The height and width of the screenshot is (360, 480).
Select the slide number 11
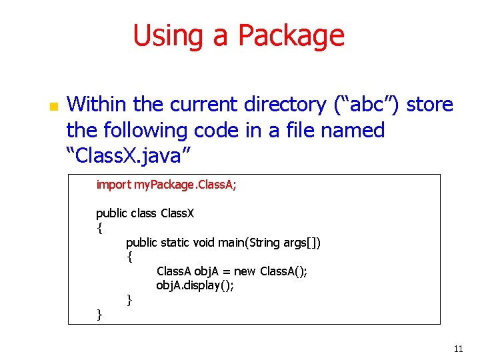[x=457, y=349]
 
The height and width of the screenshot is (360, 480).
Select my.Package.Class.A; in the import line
[x=185, y=185]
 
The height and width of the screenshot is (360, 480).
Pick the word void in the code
[x=204, y=243]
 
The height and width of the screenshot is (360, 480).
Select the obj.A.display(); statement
[x=195, y=286]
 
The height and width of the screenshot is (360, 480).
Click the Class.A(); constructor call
[x=283, y=271]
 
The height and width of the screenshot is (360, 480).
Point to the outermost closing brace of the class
[x=99, y=315]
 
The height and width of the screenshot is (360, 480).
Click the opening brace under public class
[x=99, y=228]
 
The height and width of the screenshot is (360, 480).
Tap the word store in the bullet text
[x=429, y=105]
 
